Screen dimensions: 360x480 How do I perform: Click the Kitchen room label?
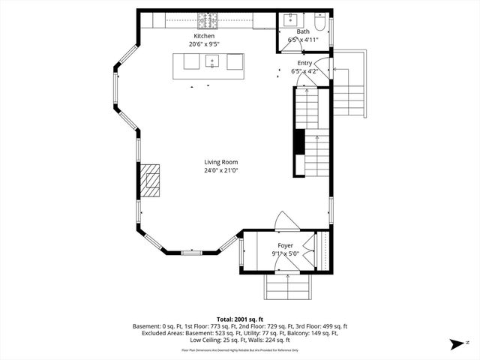click(204, 36)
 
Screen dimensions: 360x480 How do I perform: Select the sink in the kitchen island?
click(213, 61)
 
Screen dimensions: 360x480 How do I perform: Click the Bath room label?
click(302, 31)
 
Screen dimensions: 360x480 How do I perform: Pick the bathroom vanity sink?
click(289, 19)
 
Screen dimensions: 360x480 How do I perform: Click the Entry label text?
click(304, 63)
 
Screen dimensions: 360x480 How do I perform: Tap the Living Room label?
click(220, 162)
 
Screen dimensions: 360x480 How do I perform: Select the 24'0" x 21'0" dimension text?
click(220, 170)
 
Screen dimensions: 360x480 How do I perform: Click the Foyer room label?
click(285, 245)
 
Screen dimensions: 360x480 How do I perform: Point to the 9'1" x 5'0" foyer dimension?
click(285, 253)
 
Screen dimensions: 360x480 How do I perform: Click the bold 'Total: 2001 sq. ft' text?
click(240, 319)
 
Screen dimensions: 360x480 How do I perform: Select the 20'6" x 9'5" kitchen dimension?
click(204, 44)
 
